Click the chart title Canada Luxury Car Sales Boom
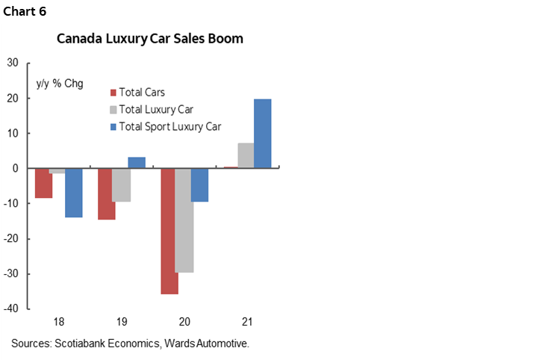pos(150,39)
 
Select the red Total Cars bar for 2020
pos(170,231)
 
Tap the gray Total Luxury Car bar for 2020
pos(184,220)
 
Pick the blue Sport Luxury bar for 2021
pos(262,134)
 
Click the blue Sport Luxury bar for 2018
pos(73,193)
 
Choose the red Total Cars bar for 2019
pos(107,193)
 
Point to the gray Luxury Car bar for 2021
pos(246,155)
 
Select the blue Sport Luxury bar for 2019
pos(137,163)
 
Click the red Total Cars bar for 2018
pos(44,183)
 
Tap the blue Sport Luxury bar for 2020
pos(199,185)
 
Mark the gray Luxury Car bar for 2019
pos(122,185)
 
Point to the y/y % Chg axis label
pos(60,83)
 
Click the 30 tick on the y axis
pos(13,63)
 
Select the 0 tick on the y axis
pos(16,169)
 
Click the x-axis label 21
pos(247,322)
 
